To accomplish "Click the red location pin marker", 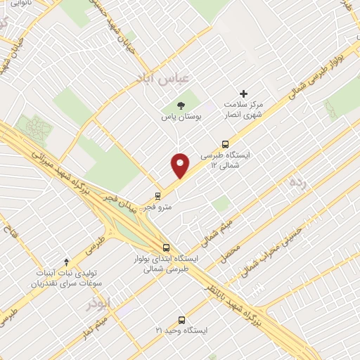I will click(181, 165).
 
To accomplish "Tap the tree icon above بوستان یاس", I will click(183, 105).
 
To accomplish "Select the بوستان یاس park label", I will click(181, 117).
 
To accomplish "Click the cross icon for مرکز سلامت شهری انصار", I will click(244, 94).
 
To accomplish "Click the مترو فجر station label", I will click(156, 208).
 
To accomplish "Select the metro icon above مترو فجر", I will click(157, 196).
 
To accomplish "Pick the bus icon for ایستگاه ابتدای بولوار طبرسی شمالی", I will click(166, 247).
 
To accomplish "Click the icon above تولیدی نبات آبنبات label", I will click(66, 261).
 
